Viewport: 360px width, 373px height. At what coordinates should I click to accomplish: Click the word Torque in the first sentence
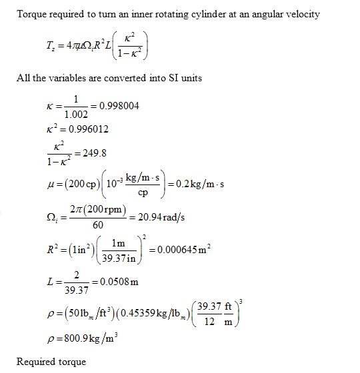[x=31, y=14]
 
